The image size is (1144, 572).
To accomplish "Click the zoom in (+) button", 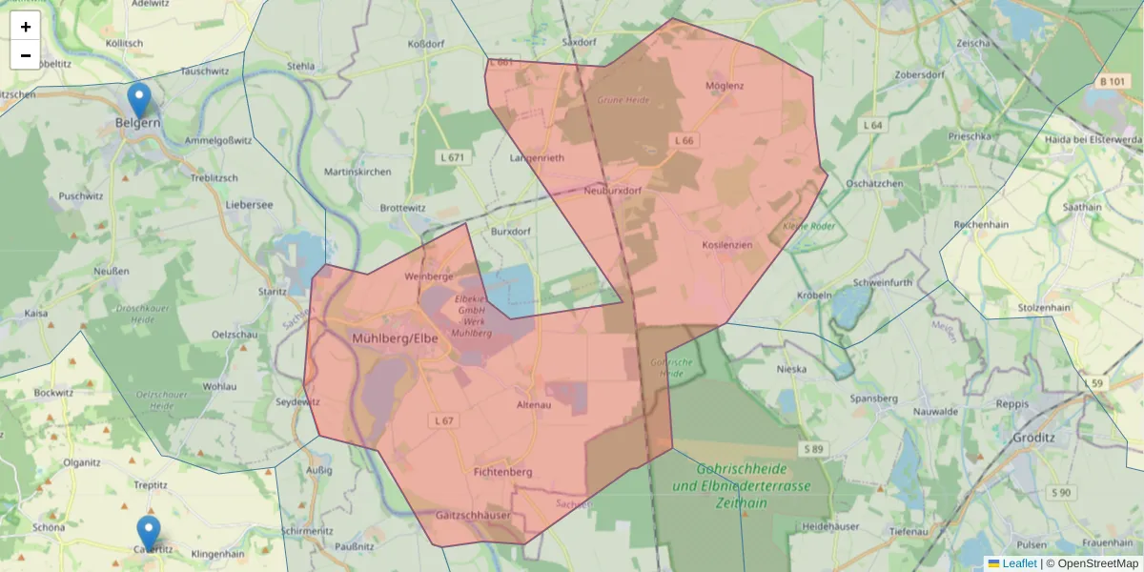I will point(26,27).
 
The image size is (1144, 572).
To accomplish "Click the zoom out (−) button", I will point(26,55).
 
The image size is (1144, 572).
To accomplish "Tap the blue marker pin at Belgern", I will point(139,99).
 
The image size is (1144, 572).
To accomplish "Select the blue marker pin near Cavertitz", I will point(148,532).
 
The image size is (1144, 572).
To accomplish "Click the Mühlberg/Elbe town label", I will point(395,337).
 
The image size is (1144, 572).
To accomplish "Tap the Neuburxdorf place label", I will point(612,191).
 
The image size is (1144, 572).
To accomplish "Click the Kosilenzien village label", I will point(727,245).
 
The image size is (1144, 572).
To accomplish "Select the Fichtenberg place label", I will point(502,471).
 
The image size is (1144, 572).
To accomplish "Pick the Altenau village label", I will point(534,405).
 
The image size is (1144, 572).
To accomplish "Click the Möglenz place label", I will point(725,86).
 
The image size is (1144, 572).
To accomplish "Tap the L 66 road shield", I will point(684,140).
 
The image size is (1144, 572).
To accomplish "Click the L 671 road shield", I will point(453,156).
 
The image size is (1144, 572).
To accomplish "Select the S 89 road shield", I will point(813,449).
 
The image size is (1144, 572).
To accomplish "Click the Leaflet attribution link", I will point(1018,563).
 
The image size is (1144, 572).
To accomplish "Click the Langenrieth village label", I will point(538,157).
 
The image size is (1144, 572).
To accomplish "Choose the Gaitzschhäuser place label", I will point(473,515).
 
